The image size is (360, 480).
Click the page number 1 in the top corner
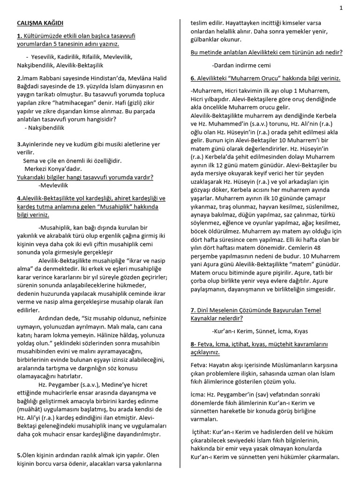341,7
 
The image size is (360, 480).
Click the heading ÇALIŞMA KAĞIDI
40,23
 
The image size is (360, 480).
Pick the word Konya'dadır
65,168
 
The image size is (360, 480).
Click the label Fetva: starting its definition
200,364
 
